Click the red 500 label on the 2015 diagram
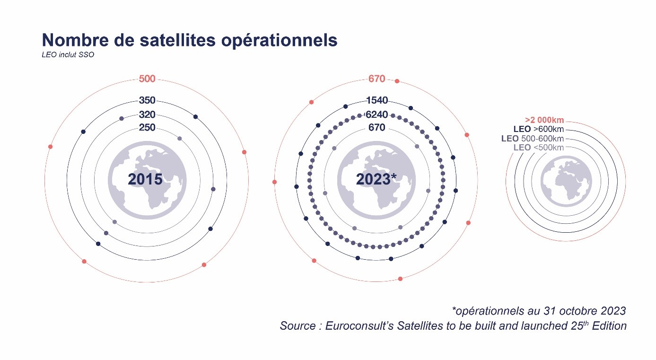tap(147, 79)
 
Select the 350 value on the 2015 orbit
tap(147, 100)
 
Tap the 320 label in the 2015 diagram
tap(147, 114)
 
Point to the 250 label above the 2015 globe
tap(147, 127)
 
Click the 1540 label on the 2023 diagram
tap(377, 100)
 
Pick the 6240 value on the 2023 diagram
tap(377, 114)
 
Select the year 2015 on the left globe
tap(145, 179)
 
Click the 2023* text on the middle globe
tap(376, 179)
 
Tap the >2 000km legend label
tap(544, 120)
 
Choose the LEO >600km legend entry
tap(539, 129)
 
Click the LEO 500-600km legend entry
tap(533, 138)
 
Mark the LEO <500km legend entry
tap(539, 147)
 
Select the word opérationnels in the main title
tap(280, 41)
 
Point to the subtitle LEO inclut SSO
tap(68, 55)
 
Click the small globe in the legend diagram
tap(566, 181)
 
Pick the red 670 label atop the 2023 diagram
tap(376, 79)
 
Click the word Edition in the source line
tap(609, 326)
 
